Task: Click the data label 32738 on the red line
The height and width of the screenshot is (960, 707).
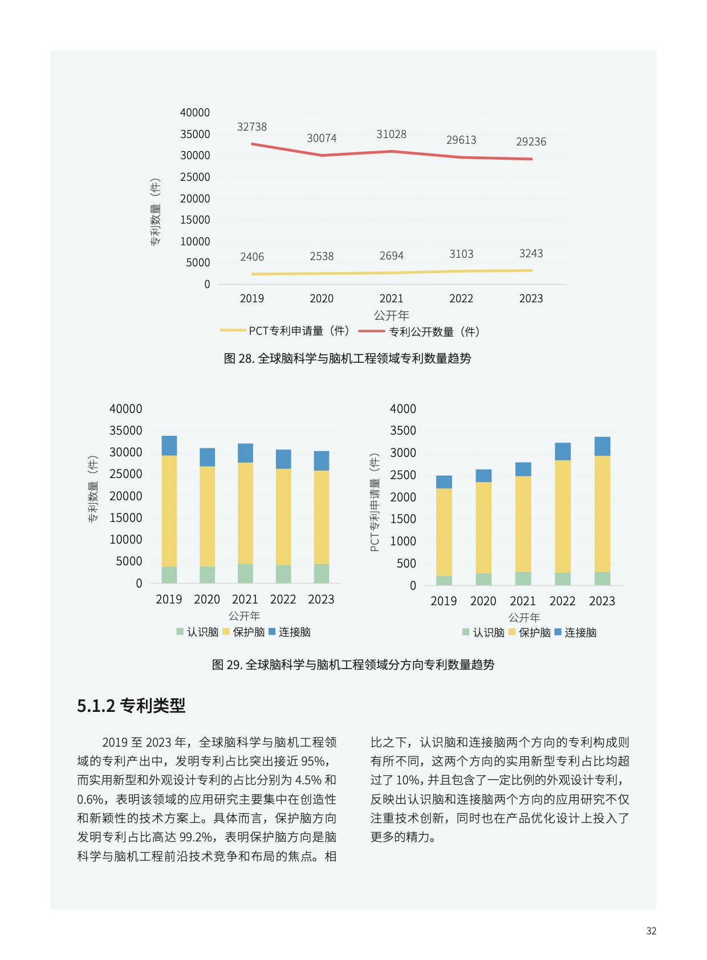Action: pos(251,127)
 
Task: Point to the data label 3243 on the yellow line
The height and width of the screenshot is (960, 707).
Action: pos(531,253)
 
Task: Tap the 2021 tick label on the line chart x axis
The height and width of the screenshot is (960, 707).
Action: pos(391,298)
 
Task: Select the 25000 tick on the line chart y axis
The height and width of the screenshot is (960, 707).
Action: pos(195,177)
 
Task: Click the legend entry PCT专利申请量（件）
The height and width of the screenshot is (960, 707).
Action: pos(286,331)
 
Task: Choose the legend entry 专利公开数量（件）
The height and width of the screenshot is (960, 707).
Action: pos(419,332)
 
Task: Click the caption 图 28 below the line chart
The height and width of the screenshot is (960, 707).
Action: pos(347,358)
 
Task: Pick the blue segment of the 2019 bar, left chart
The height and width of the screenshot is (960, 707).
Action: pos(169,445)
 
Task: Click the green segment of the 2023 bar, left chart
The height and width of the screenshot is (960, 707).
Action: pos(322,573)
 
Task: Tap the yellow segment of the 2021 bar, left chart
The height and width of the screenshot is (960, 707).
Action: pos(245,513)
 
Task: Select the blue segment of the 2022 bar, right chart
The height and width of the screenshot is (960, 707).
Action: pos(563,452)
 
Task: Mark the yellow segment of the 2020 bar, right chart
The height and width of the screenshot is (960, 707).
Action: pos(483,528)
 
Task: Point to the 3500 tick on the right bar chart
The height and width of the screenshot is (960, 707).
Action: pos(403,430)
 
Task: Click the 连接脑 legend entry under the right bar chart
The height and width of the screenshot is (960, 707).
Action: pos(575,632)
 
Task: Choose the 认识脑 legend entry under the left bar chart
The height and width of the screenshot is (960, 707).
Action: pos(197,631)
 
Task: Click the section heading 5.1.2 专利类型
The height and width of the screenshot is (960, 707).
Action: pos(131,706)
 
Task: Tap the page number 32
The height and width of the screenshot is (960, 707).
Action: pos(651,931)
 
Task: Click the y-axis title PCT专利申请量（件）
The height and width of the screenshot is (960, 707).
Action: pos(375,503)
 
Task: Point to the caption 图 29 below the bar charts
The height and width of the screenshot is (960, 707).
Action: pos(353,665)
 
